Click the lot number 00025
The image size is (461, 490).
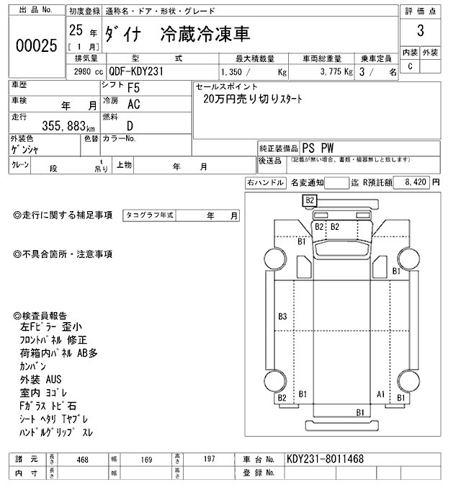(36, 45)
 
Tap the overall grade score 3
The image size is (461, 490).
(420, 32)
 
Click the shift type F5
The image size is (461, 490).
(134, 89)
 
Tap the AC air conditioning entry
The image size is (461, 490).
(133, 104)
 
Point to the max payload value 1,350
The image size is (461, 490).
(231, 72)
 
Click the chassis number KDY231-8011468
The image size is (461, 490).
(325, 458)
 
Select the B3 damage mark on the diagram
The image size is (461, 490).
(282, 316)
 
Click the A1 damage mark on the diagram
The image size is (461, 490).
(381, 393)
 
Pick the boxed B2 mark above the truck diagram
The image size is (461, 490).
(310, 200)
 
